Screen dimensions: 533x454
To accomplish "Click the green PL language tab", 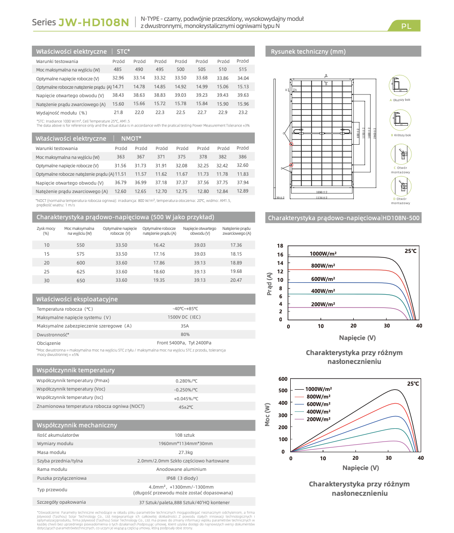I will (x=406, y=26).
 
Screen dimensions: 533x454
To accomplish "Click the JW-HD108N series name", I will (x=94, y=22).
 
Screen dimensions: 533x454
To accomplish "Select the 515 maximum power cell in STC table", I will (x=242, y=69).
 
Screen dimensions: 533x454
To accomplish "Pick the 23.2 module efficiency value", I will (x=242, y=112).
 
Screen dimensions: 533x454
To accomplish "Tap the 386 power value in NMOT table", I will (x=242, y=157).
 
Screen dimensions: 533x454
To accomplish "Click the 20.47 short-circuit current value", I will (x=236, y=280).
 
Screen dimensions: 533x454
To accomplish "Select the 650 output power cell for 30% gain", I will (x=80, y=280).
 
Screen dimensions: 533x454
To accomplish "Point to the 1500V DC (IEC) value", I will (x=184, y=317).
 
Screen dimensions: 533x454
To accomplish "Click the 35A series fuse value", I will (x=185, y=326).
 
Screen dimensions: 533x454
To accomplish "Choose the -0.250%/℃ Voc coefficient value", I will (x=186, y=390).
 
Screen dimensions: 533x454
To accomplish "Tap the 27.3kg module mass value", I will (x=186, y=452).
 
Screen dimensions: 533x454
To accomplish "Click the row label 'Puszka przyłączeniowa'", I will (x=62, y=478).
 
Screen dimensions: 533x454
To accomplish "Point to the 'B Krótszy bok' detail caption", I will (x=401, y=135).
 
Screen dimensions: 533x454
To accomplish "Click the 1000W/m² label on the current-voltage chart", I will (x=323, y=254).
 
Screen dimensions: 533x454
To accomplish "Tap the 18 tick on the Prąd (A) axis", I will (x=280, y=246).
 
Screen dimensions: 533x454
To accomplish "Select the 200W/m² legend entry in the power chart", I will (x=318, y=419).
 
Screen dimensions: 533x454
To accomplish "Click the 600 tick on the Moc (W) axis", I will (x=283, y=379).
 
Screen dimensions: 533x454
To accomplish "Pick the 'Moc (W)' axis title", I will (x=268, y=415).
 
